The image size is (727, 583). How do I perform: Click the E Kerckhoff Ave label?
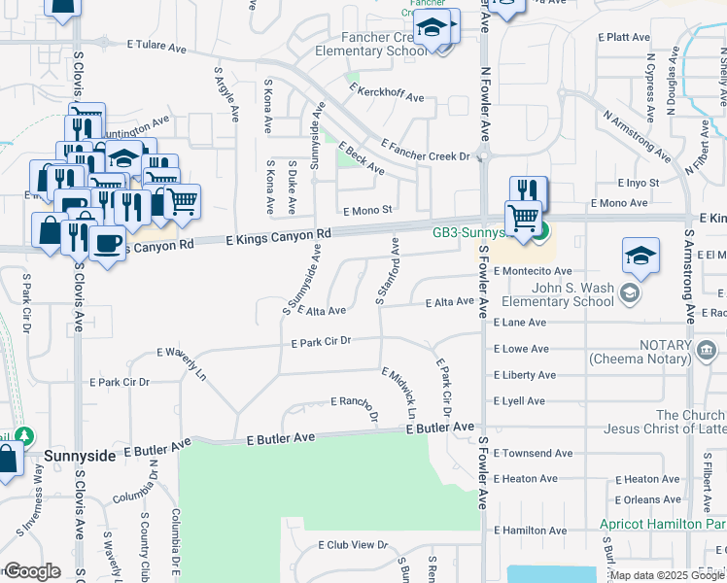pyautogui.click(x=387, y=97)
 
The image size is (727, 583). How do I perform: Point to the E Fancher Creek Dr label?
pyautogui.click(x=425, y=149)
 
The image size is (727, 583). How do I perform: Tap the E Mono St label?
pyautogui.click(x=366, y=209)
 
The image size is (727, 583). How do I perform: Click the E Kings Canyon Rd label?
pyautogui.click(x=279, y=236)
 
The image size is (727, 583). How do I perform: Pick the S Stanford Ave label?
pyautogui.click(x=388, y=269)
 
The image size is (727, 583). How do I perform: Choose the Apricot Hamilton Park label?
pyautogui.click(x=662, y=524)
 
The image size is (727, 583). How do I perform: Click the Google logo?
pyautogui.click(x=32, y=571)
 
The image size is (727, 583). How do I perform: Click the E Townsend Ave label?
pyautogui.click(x=533, y=453)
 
